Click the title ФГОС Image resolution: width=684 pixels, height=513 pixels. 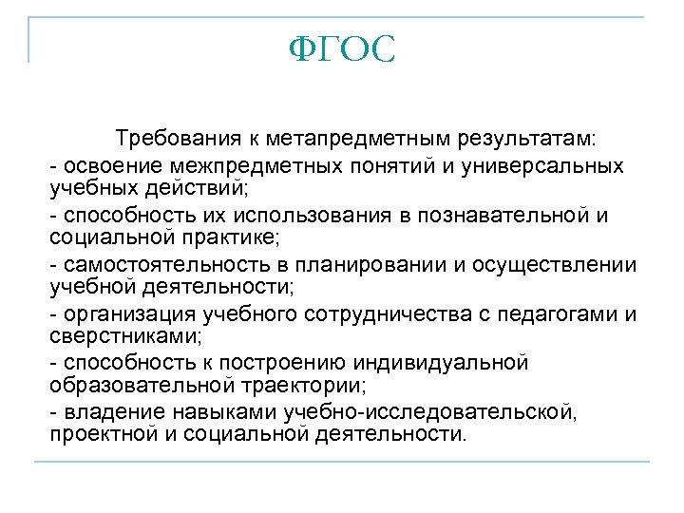[x=341, y=50]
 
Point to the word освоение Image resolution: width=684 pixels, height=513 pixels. [x=104, y=166]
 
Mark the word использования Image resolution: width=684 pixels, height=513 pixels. [x=263, y=215]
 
